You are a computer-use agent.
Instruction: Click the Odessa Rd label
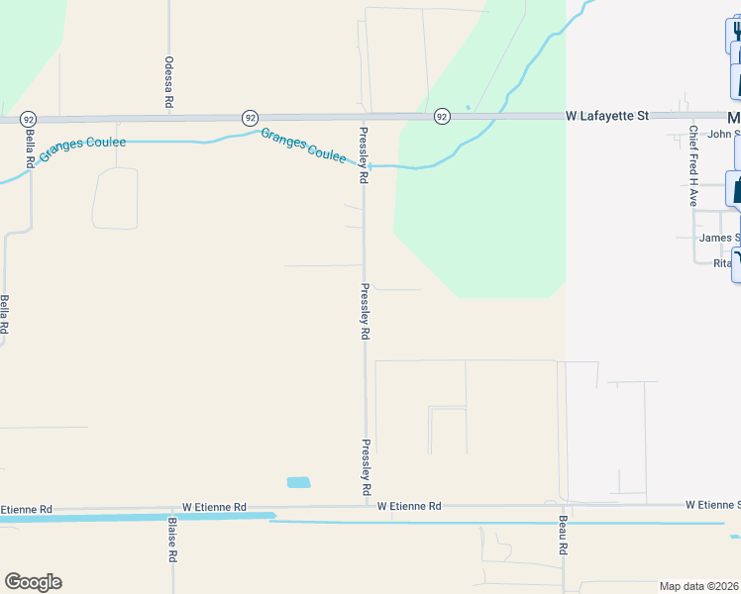pyautogui.click(x=169, y=81)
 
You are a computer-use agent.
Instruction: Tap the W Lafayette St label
pyautogui.click(x=606, y=116)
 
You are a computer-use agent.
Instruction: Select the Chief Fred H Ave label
pyautogui.click(x=694, y=165)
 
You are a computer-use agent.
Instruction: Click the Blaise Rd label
pyautogui.click(x=172, y=540)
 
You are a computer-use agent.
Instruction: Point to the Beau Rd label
pyautogui.click(x=563, y=535)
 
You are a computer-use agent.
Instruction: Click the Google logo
pyautogui.click(x=33, y=582)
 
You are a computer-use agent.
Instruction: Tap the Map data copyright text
pyautogui.click(x=698, y=586)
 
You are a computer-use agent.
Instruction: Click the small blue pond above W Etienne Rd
pyautogui.click(x=298, y=483)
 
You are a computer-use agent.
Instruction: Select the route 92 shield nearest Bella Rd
pyautogui.click(x=28, y=118)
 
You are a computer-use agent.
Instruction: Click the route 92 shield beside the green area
pyautogui.click(x=442, y=117)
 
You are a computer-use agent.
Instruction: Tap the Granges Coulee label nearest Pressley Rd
pyautogui.click(x=303, y=146)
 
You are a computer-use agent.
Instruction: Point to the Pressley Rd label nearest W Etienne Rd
pyautogui.click(x=366, y=467)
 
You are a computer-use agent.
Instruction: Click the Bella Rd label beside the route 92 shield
pyautogui.click(x=31, y=146)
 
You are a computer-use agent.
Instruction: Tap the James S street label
pyautogui.click(x=719, y=238)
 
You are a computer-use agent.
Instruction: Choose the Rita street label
pyautogui.click(x=722, y=262)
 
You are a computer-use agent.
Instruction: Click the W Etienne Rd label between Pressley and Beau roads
pyautogui.click(x=409, y=506)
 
